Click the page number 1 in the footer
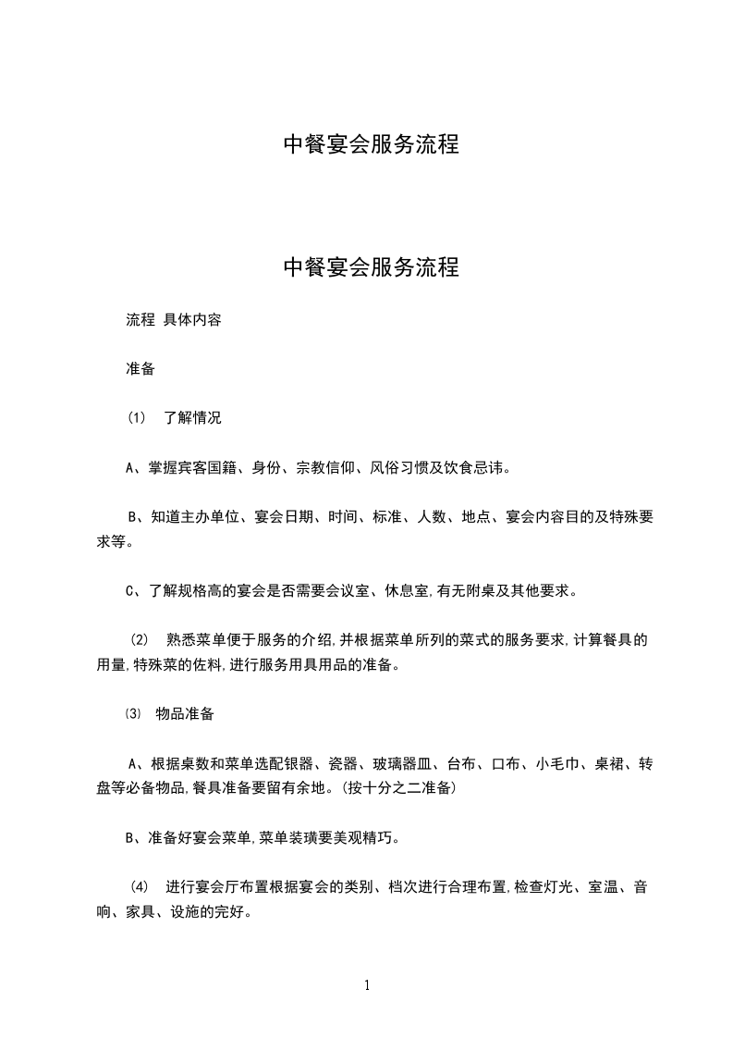point(367,985)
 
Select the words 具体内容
point(192,322)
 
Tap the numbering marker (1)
point(136,418)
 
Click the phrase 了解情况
point(192,418)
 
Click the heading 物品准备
point(186,714)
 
